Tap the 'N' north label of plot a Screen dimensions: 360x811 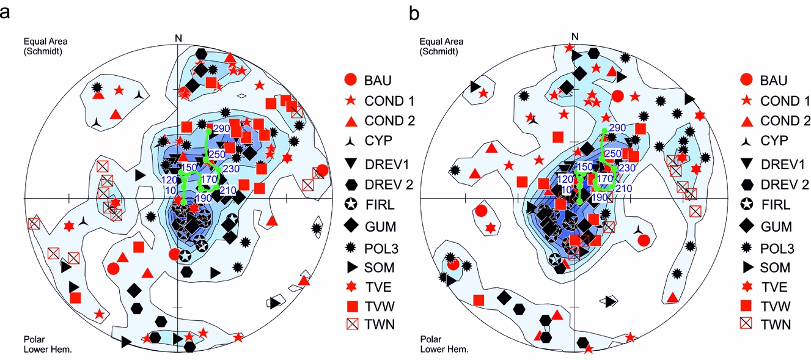pyautogui.click(x=178, y=38)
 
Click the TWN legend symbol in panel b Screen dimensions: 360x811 pyautogui.click(x=746, y=325)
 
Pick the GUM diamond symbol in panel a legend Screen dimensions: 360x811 pyautogui.click(x=350, y=227)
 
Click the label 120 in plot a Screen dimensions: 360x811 pyautogui.click(x=172, y=180)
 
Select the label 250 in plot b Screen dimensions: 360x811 pyautogui.click(x=613, y=153)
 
